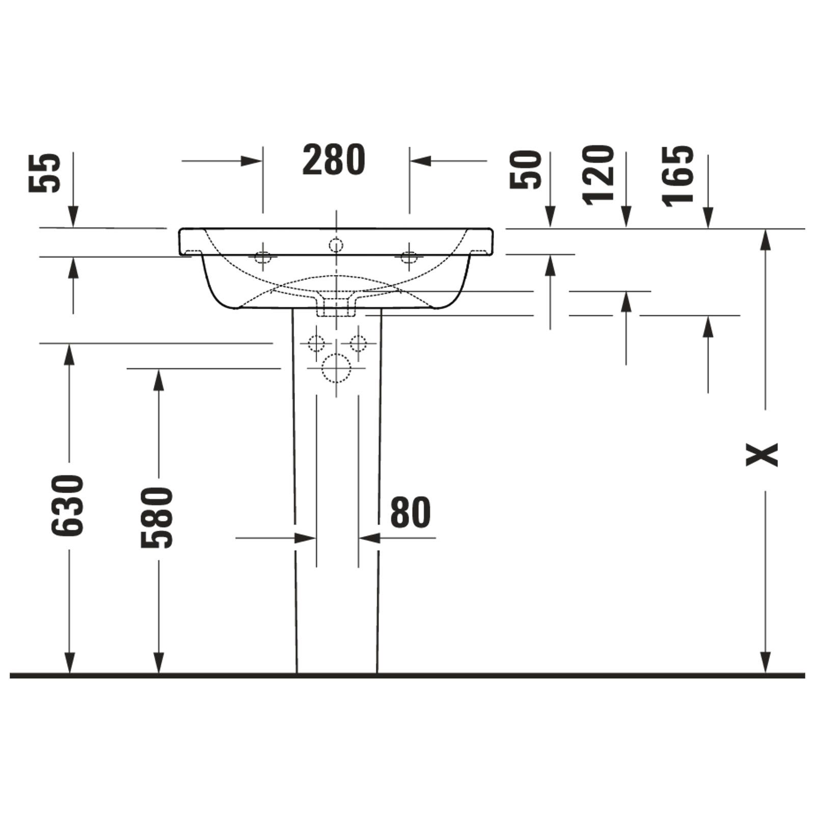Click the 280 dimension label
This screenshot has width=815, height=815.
[334, 160]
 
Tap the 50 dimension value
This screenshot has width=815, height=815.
[526, 169]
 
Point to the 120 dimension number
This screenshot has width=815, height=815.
[599, 175]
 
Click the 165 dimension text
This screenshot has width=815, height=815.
[678, 176]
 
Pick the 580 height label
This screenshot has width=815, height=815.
[157, 517]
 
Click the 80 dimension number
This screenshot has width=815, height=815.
[411, 512]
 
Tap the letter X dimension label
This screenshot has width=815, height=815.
[762, 454]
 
